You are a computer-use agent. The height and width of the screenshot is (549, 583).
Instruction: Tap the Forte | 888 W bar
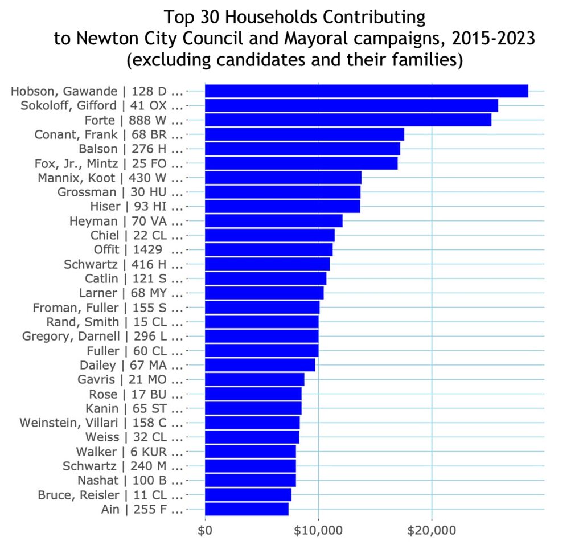348,120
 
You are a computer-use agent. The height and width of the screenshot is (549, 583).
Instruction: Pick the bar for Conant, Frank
304,134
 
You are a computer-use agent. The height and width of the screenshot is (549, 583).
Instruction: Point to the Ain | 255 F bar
247,509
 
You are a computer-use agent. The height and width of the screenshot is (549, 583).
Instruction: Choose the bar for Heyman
273,221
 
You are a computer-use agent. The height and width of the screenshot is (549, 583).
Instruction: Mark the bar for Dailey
260,365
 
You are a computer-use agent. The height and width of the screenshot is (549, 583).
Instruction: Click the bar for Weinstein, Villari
252,423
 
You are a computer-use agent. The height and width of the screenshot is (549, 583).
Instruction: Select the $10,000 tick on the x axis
318,531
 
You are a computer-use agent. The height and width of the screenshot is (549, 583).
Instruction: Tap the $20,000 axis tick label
432,531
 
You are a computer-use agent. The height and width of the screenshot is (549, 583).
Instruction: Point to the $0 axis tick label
205,531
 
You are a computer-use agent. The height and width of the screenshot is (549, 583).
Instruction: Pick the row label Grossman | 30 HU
120,192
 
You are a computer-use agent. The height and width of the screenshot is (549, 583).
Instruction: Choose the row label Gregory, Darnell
103,336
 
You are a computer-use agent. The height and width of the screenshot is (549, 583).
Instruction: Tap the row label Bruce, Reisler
110,494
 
